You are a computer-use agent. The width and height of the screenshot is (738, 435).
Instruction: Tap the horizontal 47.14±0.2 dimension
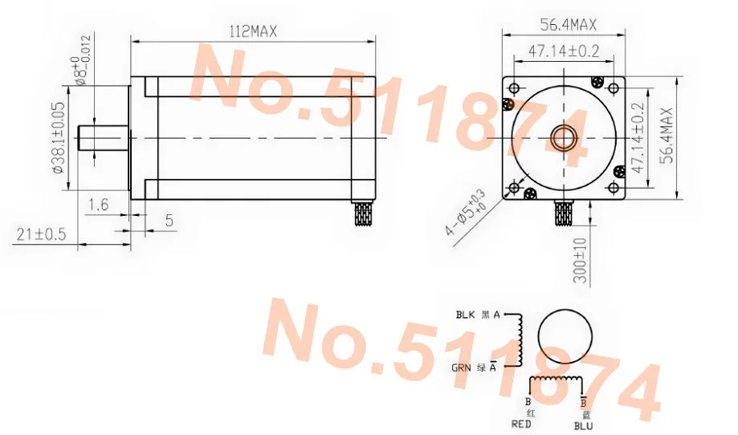coord(564,51)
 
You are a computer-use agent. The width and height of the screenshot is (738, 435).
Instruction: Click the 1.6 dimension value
coord(99,205)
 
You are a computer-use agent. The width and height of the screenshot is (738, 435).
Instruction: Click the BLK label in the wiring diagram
coord(466,315)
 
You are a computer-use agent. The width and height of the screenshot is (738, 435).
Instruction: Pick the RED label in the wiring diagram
coord(522,424)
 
